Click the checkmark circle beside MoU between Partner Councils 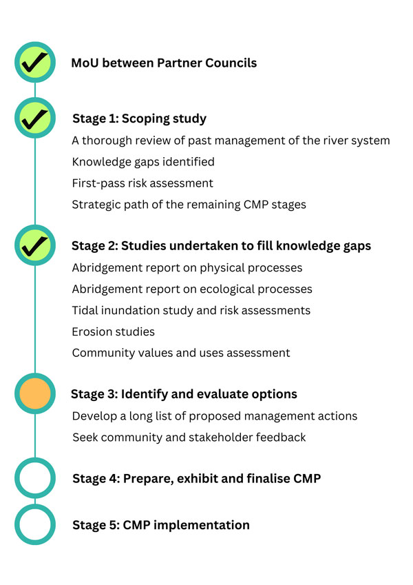tap(35, 62)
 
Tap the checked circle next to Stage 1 tap(35, 118)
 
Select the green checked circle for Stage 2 tap(35, 245)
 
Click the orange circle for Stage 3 tap(35, 393)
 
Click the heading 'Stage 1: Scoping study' tap(140, 119)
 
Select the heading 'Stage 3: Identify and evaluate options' tap(184, 394)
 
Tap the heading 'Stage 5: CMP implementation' tap(161, 525)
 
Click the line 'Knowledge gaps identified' tap(143, 162)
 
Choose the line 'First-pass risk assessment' tap(142, 183)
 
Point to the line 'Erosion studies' tap(114, 331)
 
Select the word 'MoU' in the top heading tap(85, 63)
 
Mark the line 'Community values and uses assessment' tap(181, 353)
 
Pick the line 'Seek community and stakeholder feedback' tap(189, 438)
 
